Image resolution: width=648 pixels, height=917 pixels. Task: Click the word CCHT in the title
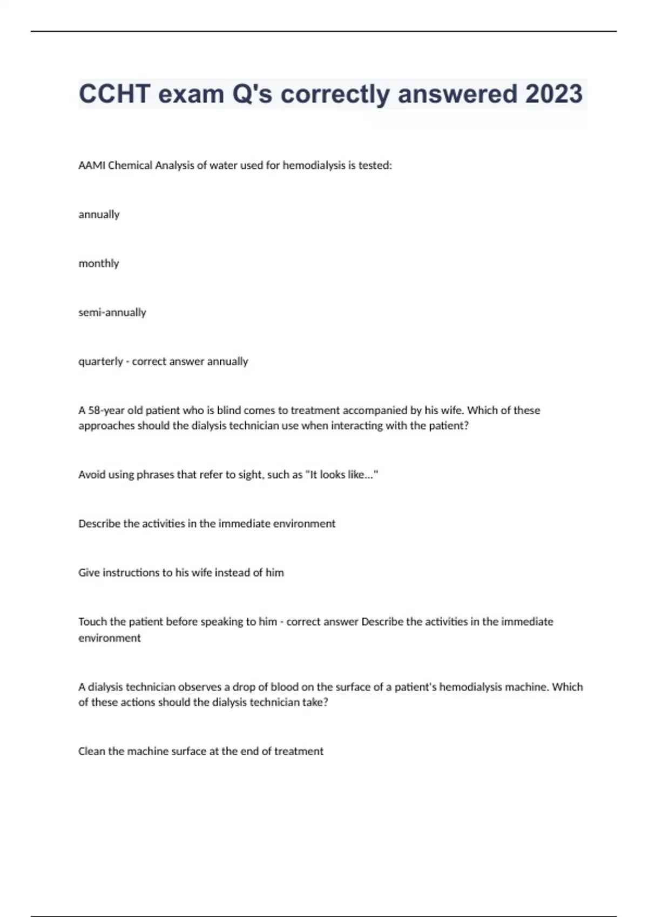coord(114,94)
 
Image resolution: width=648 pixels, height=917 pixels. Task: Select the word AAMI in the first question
coord(92,166)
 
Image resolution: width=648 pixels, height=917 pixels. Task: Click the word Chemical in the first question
coord(130,166)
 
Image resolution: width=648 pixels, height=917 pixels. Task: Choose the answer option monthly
coord(98,264)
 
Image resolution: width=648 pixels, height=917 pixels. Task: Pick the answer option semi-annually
coord(112,312)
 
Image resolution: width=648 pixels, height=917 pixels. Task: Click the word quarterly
coord(100,361)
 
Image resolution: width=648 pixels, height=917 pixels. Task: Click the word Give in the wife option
coord(89,573)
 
